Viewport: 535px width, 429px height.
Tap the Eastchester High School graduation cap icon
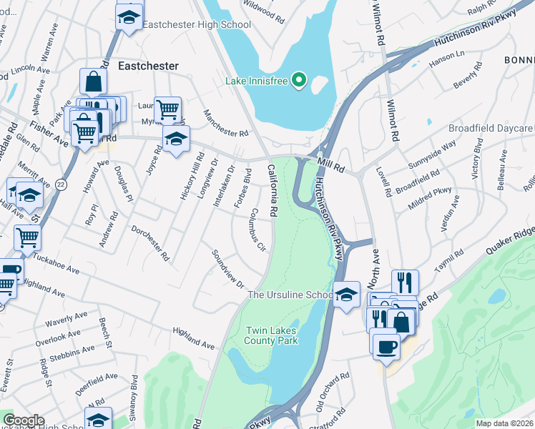pyautogui.click(x=129, y=16)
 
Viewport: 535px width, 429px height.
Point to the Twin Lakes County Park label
pyautogui.click(x=272, y=335)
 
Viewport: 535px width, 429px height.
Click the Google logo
pyautogui.click(x=24, y=420)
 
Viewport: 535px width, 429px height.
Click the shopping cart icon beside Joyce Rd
pyautogui.click(x=167, y=110)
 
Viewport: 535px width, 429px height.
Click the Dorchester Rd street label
pyautogui.click(x=150, y=243)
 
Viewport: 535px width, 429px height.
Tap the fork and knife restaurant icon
pyautogui.click(x=405, y=281)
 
